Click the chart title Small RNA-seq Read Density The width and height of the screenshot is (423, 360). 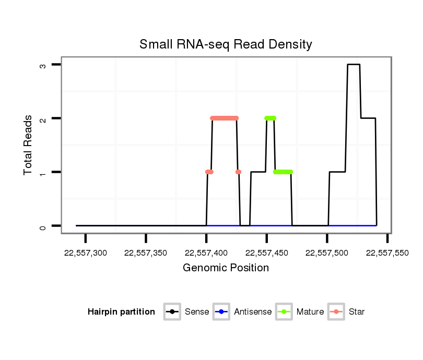(x=226, y=44)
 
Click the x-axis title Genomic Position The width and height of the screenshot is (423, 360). (x=226, y=268)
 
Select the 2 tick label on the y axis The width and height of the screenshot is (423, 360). (x=43, y=118)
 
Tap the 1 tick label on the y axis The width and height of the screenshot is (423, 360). (x=43, y=172)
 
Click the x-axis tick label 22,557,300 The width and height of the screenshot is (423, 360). (x=86, y=253)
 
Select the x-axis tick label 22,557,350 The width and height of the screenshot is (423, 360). (x=146, y=253)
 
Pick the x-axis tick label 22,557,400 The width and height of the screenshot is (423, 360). (x=206, y=253)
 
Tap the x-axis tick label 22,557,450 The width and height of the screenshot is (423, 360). (x=266, y=253)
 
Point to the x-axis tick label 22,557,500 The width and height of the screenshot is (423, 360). (x=327, y=253)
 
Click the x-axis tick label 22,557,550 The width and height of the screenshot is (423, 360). (x=387, y=253)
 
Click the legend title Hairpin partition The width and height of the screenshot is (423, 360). (x=121, y=312)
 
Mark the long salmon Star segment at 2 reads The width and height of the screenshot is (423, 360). (x=225, y=118)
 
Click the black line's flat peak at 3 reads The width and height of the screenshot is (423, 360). (x=354, y=65)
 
